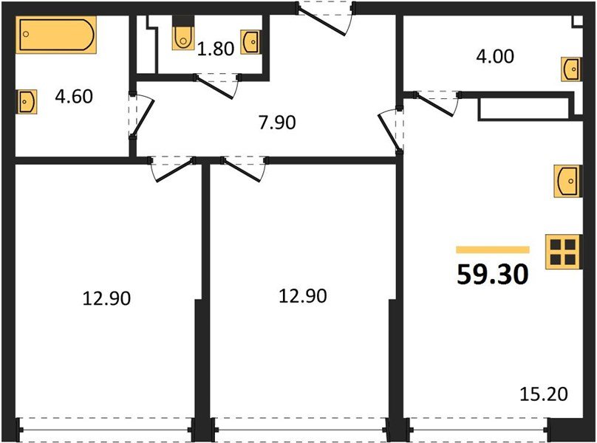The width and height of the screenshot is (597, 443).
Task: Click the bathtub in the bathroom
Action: click(x=56, y=36)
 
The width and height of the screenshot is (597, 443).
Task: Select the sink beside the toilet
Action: click(x=251, y=41)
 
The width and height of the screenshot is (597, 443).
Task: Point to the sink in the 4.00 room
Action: click(x=570, y=69)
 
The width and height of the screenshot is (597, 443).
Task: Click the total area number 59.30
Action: click(x=492, y=275)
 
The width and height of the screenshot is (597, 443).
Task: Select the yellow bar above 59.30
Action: click(x=493, y=250)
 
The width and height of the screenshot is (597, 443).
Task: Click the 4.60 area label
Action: click(x=74, y=96)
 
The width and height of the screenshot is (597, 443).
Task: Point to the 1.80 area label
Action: click(x=216, y=50)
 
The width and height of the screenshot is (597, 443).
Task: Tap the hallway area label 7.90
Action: click(x=278, y=122)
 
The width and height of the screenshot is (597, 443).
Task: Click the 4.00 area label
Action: click(x=495, y=55)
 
